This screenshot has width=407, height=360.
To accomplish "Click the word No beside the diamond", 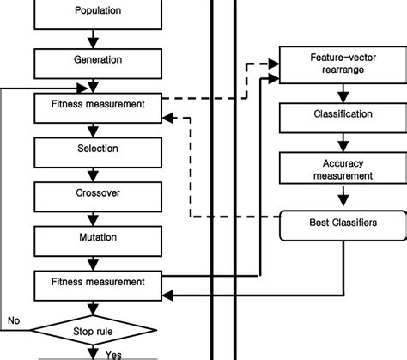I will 14,320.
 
